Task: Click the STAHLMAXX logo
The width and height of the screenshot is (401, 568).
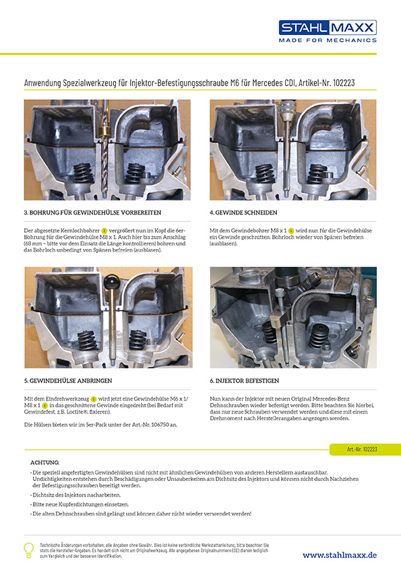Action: coord(328,28)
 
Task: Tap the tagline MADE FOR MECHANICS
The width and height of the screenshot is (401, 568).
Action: coord(328,40)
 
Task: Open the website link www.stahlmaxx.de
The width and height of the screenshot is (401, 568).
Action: coord(339,555)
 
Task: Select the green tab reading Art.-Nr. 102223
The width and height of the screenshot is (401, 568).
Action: coord(362,449)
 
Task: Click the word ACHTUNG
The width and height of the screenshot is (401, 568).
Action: coord(45,462)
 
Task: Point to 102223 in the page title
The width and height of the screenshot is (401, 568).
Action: coord(342,83)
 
